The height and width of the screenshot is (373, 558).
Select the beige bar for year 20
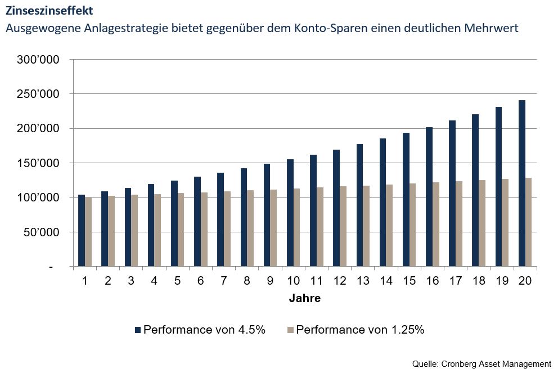(x=529, y=222)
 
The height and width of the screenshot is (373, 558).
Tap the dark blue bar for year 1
(x=82, y=230)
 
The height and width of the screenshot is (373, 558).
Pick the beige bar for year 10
(x=297, y=227)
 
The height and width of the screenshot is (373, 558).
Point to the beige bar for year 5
(x=181, y=230)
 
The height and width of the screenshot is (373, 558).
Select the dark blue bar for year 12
(x=336, y=208)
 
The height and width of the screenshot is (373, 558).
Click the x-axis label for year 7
(x=224, y=280)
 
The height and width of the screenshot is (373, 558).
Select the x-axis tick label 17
(x=456, y=280)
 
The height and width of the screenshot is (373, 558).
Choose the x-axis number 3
(x=131, y=280)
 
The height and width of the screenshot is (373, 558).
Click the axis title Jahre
(x=305, y=299)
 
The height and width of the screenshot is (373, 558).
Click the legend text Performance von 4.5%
(x=204, y=330)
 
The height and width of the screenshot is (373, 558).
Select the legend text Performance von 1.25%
(x=360, y=330)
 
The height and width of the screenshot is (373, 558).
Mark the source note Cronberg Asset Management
(x=495, y=363)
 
